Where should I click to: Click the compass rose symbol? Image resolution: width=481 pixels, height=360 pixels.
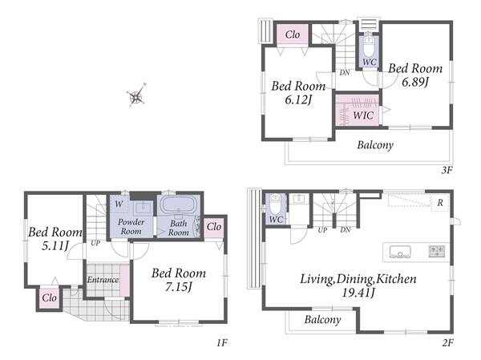(x=136, y=95)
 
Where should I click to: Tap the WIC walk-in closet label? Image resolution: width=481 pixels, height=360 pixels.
(x=363, y=115)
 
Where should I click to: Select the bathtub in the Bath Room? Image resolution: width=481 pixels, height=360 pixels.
(x=178, y=204)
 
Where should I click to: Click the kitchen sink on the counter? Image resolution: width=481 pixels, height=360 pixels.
(x=400, y=252)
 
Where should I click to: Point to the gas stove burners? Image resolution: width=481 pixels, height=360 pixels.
(x=437, y=251)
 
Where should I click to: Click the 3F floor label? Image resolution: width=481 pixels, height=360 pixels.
(x=447, y=170)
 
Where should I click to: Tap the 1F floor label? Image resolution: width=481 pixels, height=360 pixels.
(x=222, y=342)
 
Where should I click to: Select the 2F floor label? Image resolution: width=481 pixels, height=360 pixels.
(x=447, y=342)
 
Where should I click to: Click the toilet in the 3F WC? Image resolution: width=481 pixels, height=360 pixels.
(x=369, y=47)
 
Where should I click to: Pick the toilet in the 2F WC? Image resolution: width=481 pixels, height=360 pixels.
(x=275, y=204)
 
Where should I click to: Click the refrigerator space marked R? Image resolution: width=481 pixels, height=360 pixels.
(x=440, y=202)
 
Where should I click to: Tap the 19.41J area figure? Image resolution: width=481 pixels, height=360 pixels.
(x=358, y=293)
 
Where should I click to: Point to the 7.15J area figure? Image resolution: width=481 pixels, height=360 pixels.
(x=179, y=287)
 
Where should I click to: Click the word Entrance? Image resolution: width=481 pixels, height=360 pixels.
(x=103, y=280)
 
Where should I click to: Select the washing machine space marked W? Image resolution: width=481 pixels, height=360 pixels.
(x=119, y=204)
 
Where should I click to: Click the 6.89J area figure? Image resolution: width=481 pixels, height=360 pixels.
(x=415, y=82)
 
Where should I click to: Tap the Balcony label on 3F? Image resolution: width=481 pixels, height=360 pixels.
(x=375, y=145)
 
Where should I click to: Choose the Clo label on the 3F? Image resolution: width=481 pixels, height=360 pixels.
(x=293, y=34)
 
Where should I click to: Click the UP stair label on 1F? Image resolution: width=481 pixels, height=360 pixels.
(x=95, y=243)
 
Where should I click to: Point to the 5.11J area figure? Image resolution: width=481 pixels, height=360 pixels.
(x=55, y=245)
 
